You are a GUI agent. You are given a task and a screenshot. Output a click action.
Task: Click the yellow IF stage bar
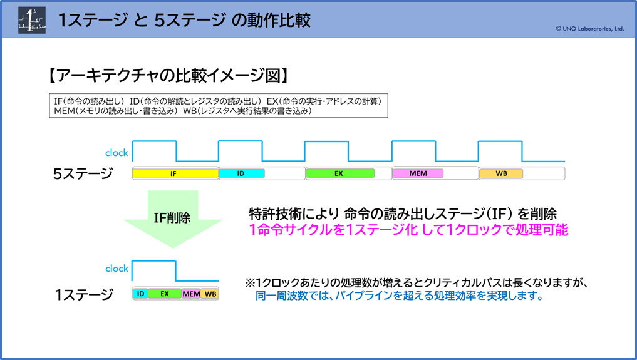click(x=175, y=173)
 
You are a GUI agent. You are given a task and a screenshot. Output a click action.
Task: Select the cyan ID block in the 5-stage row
click(x=242, y=173)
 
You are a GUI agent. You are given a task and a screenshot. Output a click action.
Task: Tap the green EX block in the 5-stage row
click(x=340, y=173)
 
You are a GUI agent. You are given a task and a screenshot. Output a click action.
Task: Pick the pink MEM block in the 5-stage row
click(x=418, y=173)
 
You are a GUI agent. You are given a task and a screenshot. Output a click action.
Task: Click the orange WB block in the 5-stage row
click(x=501, y=173)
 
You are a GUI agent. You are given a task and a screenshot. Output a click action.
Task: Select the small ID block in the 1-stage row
click(x=140, y=294)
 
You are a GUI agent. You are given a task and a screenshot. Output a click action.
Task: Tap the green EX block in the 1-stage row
click(x=165, y=294)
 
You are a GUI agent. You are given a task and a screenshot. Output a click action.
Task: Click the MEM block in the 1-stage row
click(x=191, y=294)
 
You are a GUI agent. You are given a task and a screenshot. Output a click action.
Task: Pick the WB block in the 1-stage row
click(x=210, y=294)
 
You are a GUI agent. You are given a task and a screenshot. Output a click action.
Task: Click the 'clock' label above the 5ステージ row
click(x=117, y=153)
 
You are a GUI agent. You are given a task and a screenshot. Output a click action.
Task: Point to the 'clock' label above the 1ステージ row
click(x=117, y=268)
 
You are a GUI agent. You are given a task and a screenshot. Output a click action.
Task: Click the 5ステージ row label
click(x=83, y=173)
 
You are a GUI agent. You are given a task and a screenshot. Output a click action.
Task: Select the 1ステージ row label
click(x=84, y=294)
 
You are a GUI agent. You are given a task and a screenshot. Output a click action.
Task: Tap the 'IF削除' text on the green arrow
click(x=172, y=218)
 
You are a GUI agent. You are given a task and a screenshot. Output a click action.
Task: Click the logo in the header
click(x=32, y=20)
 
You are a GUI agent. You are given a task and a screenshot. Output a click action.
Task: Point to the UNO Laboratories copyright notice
click(x=589, y=28)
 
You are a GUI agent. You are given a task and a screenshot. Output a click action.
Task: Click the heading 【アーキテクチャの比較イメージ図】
click(x=168, y=76)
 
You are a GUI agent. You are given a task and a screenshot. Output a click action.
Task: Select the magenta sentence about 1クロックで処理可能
click(x=408, y=230)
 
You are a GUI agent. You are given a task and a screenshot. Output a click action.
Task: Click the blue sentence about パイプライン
click(x=400, y=296)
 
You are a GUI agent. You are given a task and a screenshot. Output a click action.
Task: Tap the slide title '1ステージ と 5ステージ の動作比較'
click(x=184, y=20)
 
